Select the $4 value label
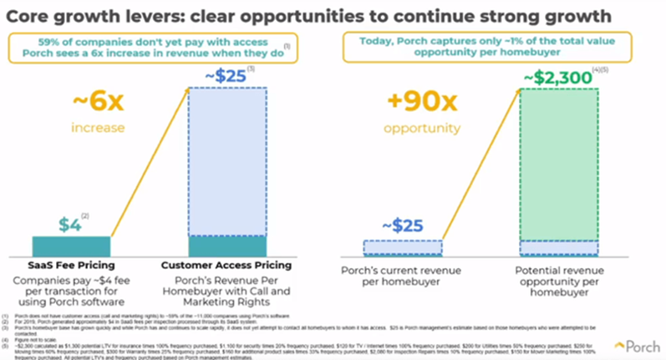coord(73,226)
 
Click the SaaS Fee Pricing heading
coord(79,265)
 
